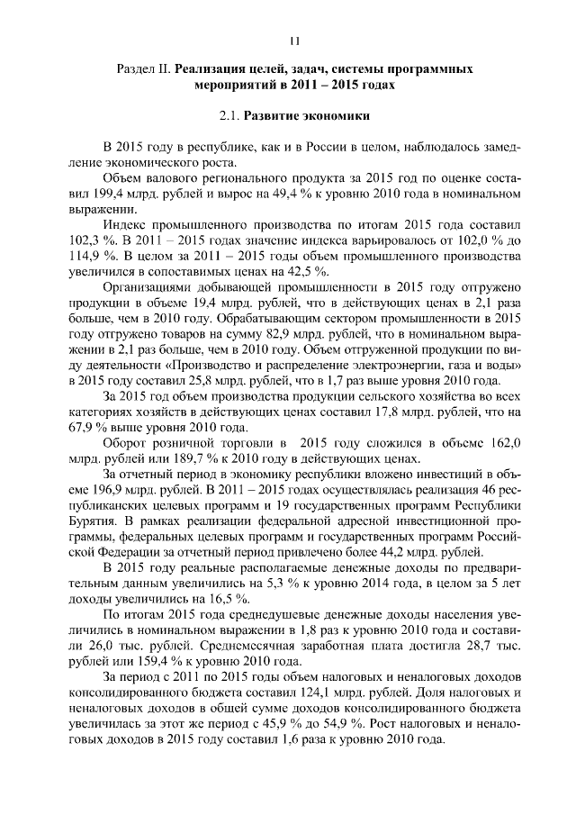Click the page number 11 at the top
coord(293,41)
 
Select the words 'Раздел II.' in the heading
coord(145,69)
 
